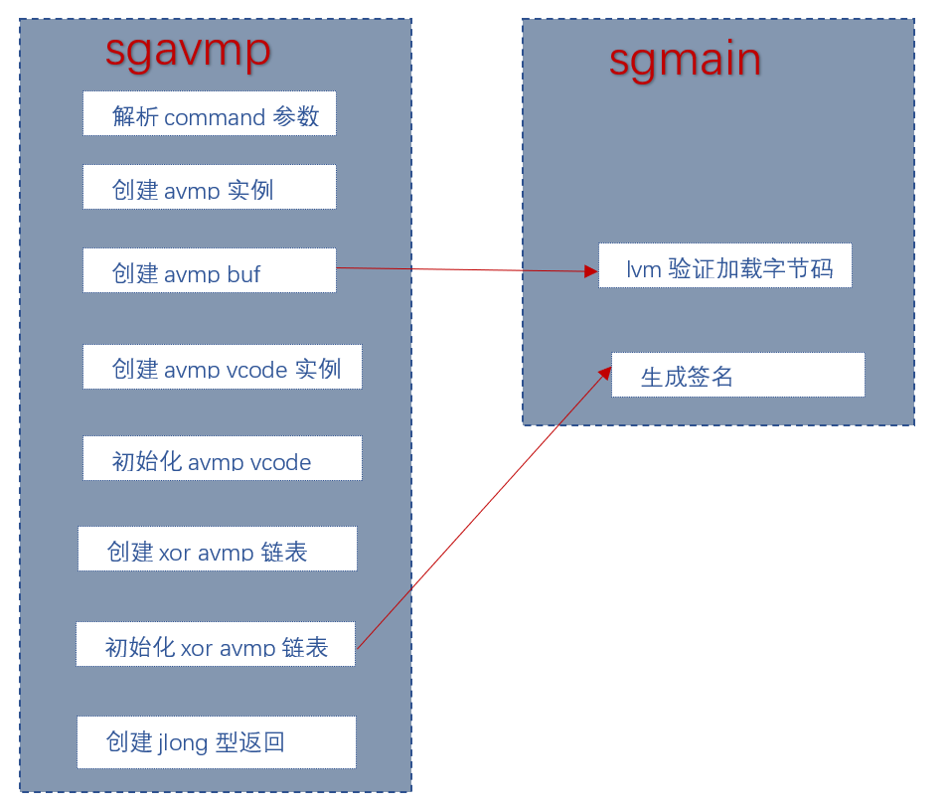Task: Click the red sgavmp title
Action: (188, 49)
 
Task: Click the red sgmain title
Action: (685, 60)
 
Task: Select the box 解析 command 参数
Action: (209, 113)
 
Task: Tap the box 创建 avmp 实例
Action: (209, 187)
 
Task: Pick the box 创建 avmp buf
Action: (209, 270)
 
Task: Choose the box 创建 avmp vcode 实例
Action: (222, 367)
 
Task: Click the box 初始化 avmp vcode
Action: (222, 458)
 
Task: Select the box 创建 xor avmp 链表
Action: (217, 549)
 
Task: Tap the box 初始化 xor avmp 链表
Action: (215, 644)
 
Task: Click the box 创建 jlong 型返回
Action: (216, 741)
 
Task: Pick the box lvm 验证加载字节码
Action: (724, 265)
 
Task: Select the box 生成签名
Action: (737, 375)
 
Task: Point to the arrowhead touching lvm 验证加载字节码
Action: (591, 271)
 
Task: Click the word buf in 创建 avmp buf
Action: (242, 273)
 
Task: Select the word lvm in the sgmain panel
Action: (643, 268)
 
